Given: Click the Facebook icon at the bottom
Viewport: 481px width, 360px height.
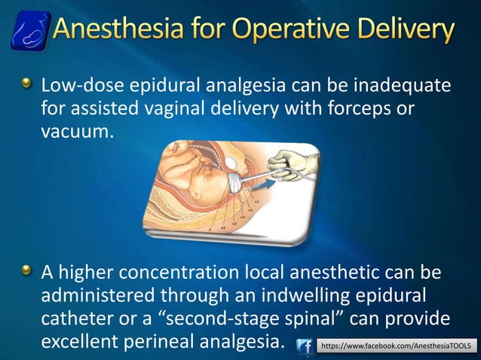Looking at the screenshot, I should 305,346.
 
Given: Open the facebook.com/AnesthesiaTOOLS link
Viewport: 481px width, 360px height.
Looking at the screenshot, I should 397,346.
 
